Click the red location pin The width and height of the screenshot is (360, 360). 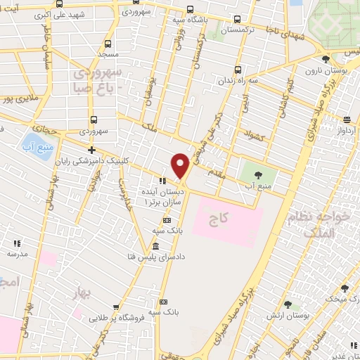point(181,165)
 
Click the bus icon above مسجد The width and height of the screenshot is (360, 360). point(108,42)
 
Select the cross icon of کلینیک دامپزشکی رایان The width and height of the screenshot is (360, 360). point(91,149)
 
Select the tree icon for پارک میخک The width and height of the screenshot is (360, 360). point(344,288)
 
